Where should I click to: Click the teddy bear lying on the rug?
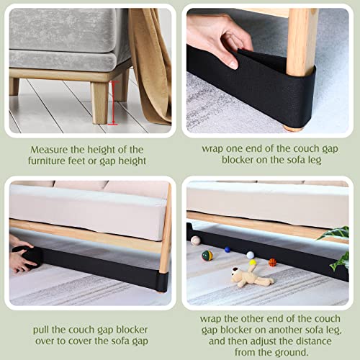(x=248, y=277)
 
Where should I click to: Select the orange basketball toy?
(x=273, y=263)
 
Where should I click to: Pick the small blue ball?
(x=227, y=250)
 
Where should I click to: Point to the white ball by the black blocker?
(x=250, y=255)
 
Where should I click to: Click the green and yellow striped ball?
(x=207, y=255)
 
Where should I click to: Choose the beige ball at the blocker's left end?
(x=195, y=240)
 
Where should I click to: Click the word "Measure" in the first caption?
(x=51, y=150)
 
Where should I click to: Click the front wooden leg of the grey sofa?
(x=100, y=100)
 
